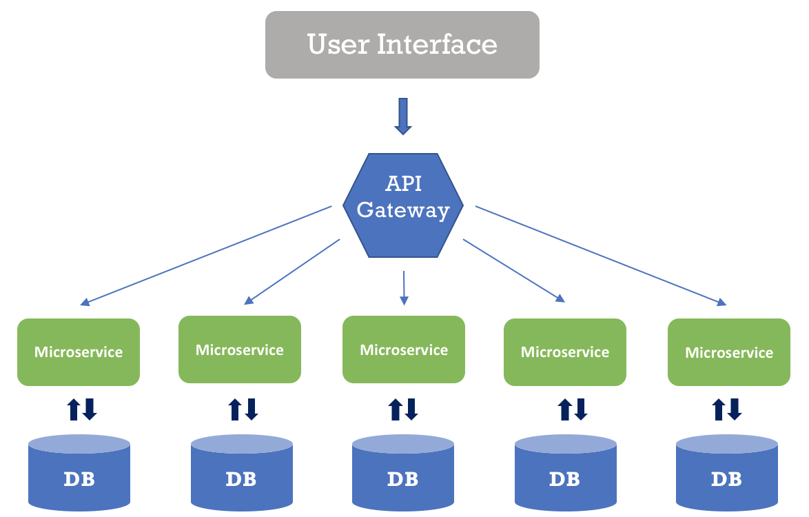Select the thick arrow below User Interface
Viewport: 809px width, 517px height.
(402, 116)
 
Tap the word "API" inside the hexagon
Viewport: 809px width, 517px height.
(403, 184)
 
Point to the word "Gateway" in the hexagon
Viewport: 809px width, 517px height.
(403, 210)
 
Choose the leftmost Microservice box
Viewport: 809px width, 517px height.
(79, 352)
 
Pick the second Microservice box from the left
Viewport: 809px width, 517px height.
(240, 349)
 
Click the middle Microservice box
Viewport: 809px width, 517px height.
(404, 349)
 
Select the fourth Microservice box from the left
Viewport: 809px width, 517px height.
(565, 352)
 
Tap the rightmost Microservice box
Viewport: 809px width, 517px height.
(729, 352)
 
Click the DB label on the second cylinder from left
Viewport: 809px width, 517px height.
(241, 478)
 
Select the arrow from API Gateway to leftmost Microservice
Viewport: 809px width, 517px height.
(207, 254)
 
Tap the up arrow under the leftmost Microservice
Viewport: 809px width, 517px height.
(73, 409)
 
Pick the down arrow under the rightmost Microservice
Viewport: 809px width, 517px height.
(735, 409)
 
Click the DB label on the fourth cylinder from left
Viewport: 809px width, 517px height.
(565, 478)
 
